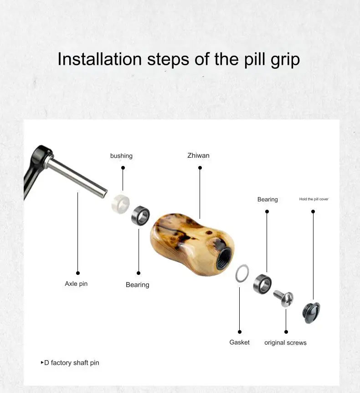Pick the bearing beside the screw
(257, 284)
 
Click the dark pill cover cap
(311, 313)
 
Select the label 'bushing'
(121, 155)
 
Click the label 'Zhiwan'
(198, 155)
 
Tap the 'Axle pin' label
(76, 284)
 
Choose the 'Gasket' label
(240, 342)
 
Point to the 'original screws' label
(285, 343)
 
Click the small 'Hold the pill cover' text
(314, 199)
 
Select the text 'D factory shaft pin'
(72, 362)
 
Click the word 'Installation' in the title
(100, 59)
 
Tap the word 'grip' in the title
(285, 60)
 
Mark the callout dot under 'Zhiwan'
(200, 168)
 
